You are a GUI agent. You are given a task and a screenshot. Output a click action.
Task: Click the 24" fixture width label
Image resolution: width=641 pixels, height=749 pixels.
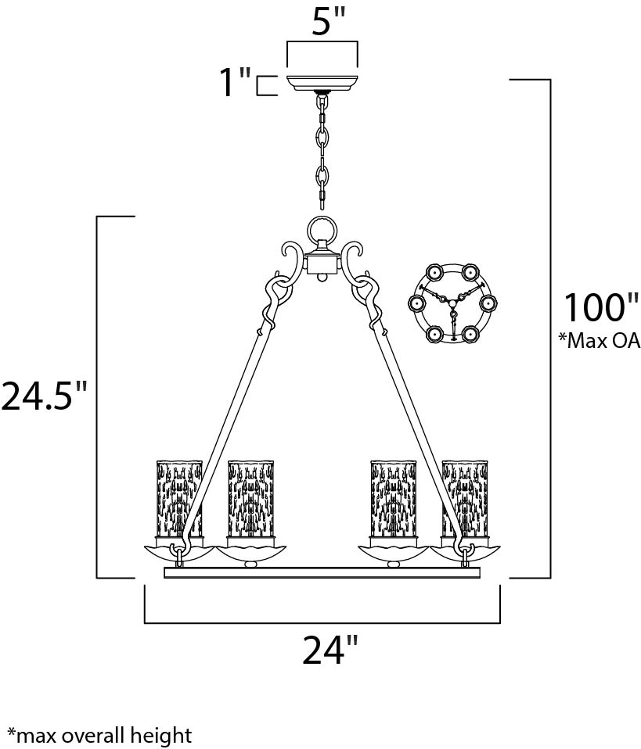pyautogui.click(x=330, y=650)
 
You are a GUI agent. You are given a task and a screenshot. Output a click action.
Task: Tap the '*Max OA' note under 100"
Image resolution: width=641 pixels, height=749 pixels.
pyautogui.click(x=600, y=340)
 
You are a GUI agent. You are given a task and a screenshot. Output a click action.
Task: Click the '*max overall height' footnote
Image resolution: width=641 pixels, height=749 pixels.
pyautogui.click(x=96, y=735)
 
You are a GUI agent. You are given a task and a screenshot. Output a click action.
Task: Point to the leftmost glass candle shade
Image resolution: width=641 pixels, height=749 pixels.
pyautogui.click(x=179, y=498)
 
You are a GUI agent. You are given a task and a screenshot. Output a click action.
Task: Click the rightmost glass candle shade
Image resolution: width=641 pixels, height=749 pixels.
pyautogui.click(x=464, y=498)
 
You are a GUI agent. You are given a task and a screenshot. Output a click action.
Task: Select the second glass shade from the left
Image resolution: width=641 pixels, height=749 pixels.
pyautogui.click(x=250, y=498)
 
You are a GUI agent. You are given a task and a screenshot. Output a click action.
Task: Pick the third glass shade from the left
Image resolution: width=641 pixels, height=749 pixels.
pyautogui.click(x=393, y=498)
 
